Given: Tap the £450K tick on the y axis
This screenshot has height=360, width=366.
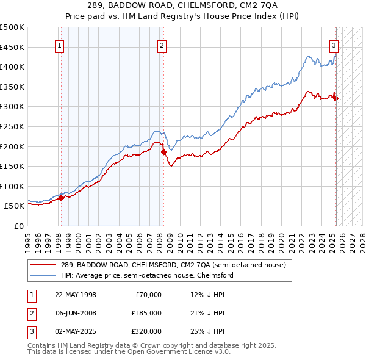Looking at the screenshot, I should click(x=12, y=47).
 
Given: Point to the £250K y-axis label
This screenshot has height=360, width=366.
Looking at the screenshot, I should click(x=12, y=126).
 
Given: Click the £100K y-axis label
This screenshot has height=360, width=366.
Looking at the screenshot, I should click(x=12, y=186).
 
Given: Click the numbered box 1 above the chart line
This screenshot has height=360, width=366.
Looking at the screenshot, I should click(x=60, y=45).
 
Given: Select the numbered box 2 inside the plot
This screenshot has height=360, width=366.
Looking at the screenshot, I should click(x=162, y=45).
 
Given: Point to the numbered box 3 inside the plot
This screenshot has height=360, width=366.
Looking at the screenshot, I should click(x=334, y=45).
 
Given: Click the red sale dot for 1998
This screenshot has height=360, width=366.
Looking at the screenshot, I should click(x=61, y=198).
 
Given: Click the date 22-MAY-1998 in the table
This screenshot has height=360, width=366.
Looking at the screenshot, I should click(x=76, y=295).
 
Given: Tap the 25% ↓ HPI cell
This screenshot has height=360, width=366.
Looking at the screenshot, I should click(x=207, y=331).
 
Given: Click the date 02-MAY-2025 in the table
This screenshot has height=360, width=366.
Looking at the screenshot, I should click(x=76, y=331).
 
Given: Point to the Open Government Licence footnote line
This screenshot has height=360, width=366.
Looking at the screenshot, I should click(x=129, y=352).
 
